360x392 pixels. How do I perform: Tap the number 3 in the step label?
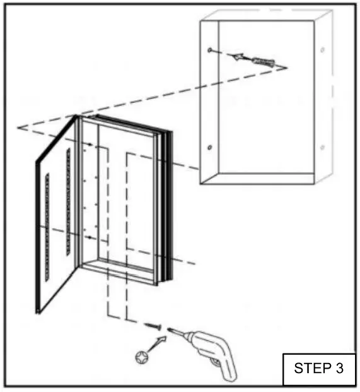(x=336, y=368)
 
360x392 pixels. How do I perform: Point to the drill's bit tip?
(x=169, y=329)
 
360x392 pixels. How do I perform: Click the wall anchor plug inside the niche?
(x=260, y=62)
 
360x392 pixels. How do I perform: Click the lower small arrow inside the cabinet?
(x=92, y=237)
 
